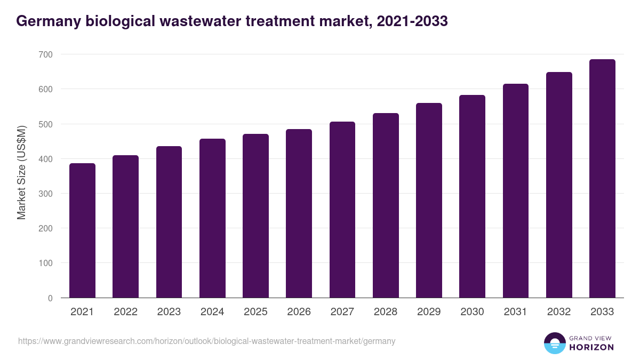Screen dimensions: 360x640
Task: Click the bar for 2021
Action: [x=82, y=230]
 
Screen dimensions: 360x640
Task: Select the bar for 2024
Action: [x=212, y=218]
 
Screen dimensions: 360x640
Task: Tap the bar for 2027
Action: [x=342, y=210]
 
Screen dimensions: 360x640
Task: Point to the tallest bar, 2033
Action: [x=602, y=179]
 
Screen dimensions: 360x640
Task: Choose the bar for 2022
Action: [x=125, y=227]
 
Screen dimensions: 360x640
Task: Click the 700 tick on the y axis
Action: [x=46, y=54]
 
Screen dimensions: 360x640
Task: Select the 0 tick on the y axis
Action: [x=50, y=298]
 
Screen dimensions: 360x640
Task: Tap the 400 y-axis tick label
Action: [x=46, y=159]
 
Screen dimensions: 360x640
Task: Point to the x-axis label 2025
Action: [x=255, y=312]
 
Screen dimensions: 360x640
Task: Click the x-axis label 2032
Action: [x=559, y=312]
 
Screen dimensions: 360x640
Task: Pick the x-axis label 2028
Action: [x=386, y=312]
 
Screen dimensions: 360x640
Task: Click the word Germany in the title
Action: [x=48, y=21]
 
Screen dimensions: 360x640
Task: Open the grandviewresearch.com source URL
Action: [x=207, y=341]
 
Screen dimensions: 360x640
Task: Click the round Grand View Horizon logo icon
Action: [x=554, y=343]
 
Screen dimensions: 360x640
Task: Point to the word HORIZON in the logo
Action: [x=591, y=347]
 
